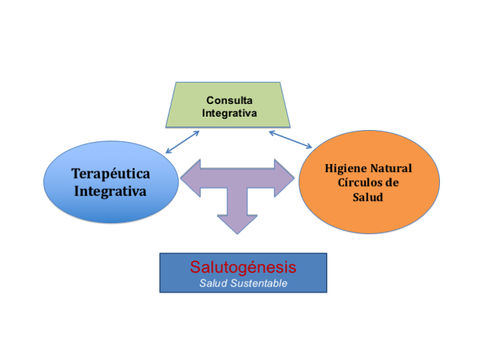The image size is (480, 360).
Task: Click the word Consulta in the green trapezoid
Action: pos(229,100)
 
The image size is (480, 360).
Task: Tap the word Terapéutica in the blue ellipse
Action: pos(111,174)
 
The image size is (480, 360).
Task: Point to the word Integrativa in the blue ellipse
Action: pos(111,191)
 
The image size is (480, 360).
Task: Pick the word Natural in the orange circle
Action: pos(389,168)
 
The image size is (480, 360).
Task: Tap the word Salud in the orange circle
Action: pos(369,198)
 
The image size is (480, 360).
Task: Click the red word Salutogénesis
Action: pos(243,267)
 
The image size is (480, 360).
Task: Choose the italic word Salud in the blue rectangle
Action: pos(212,283)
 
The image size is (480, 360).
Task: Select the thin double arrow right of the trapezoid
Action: pos(291,139)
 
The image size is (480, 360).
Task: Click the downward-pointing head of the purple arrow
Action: pos(237,224)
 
